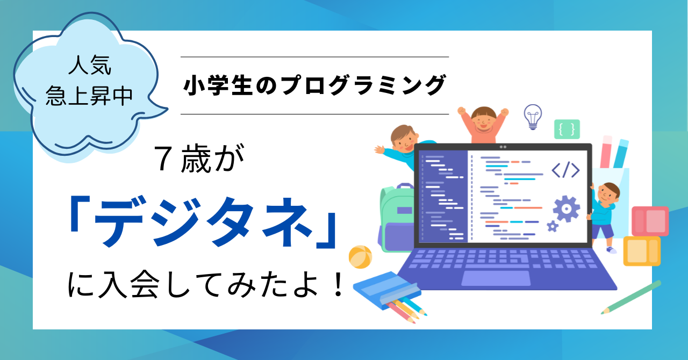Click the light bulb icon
point(533,117)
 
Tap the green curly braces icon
point(567,129)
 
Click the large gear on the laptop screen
point(567,208)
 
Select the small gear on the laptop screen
point(553,226)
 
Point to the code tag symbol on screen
point(565,170)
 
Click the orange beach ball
point(360,257)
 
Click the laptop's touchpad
point(496,278)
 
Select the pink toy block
point(650,221)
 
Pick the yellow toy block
point(642,251)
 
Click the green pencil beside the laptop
point(631,297)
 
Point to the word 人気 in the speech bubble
point(90,65)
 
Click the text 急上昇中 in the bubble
point(89,96)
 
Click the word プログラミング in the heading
point(363,85)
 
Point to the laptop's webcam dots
point(503,147)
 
